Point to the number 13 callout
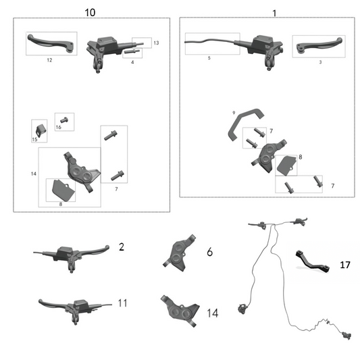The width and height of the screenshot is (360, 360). pyautogui.click(x=156, y=43)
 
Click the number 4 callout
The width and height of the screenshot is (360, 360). pyautogui.click(x=132, y=62)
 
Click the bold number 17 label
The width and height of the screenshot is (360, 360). pyautogui.click(x=344, y=265)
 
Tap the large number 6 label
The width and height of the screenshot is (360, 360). pyautogui.click(x=209, y=252)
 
